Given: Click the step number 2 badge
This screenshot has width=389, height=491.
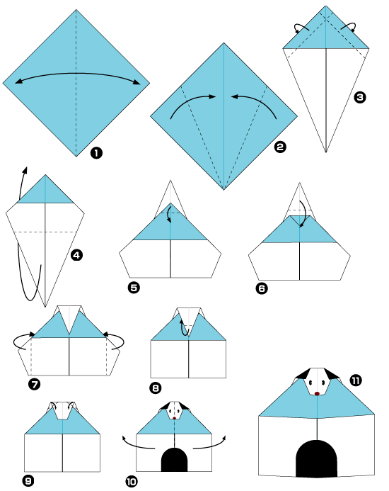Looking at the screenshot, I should (281, 147).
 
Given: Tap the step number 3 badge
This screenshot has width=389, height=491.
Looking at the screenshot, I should (361, 98).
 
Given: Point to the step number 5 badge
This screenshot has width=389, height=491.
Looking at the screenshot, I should (133, 287).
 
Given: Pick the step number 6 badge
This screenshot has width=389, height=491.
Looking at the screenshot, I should (262, 288).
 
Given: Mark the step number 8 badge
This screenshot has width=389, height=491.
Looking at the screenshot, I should (156, 388).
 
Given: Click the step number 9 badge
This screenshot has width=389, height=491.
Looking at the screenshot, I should (28, 481).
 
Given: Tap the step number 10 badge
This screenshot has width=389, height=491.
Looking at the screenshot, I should (132, 481).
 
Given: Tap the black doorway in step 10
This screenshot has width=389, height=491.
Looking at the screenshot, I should (174, 460).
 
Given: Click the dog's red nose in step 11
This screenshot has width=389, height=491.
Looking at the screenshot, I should (318, 393).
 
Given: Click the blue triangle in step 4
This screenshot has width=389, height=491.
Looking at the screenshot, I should (45, 191).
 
